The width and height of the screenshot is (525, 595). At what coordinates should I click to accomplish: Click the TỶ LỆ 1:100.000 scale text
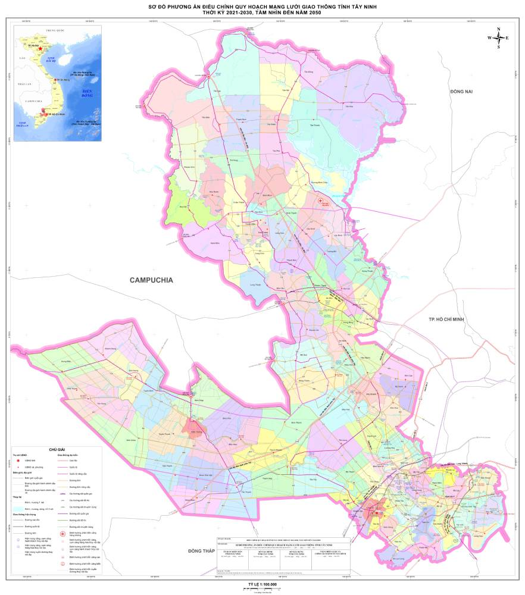[262, 584]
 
